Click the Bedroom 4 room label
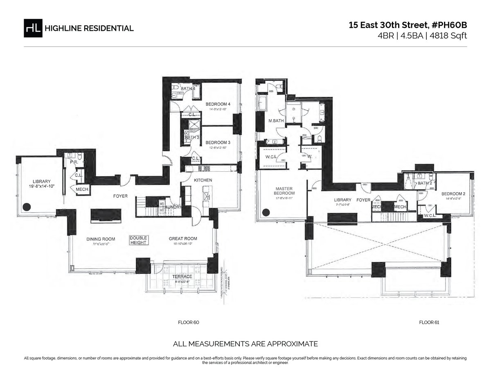(218, 105)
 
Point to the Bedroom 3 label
(218, 142)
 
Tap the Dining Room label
(100, 239)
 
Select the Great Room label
(183, 239)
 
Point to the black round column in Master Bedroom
(266, 212)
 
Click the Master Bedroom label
(284, 191)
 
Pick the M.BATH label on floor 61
(276, 121)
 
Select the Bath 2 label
(425, 183)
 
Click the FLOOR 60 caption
(188, 323)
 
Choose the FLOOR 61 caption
(429, 323)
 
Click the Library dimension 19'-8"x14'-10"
(41, 187)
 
